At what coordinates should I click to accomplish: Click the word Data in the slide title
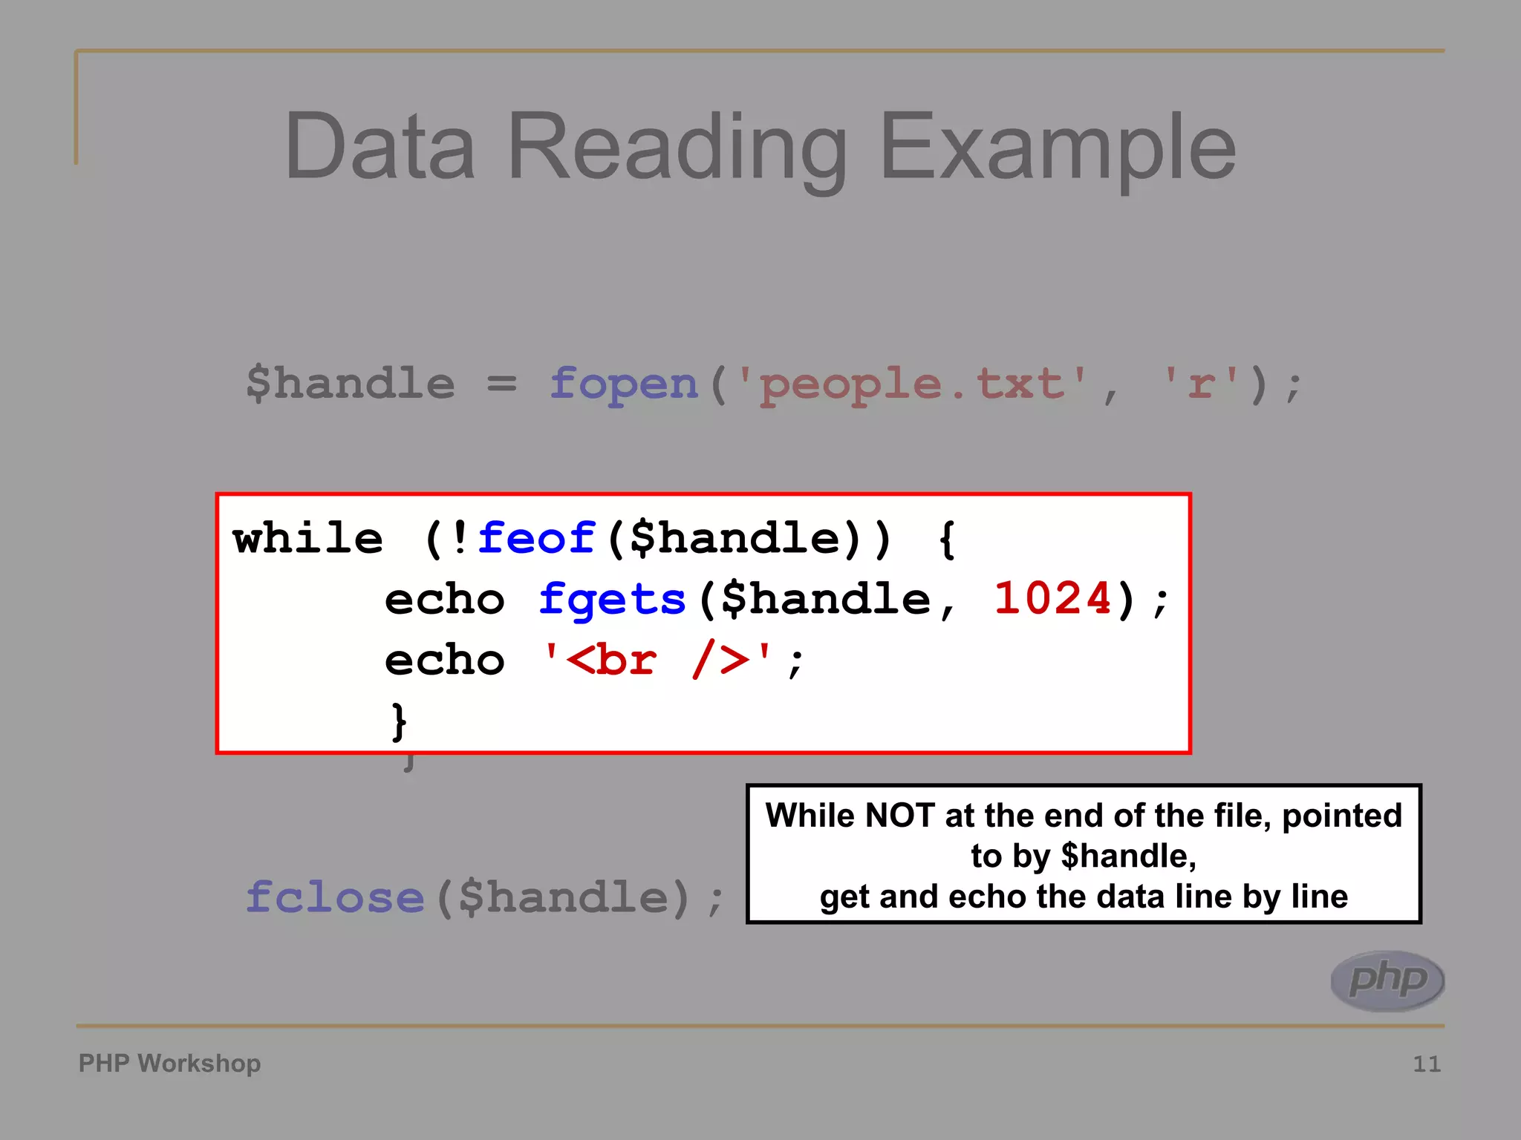(380, 146)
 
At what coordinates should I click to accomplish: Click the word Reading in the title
(677, 148)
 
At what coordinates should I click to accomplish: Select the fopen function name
(624, 384)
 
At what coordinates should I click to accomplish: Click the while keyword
(308, 538)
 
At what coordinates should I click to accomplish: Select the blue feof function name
(536, 538)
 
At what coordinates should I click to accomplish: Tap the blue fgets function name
(612, 600)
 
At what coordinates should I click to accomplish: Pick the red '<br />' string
(658, 660)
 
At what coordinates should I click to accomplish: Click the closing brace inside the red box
(399, 721)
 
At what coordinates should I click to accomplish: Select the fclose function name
(335, 897)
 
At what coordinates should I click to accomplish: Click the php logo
(1387, 980)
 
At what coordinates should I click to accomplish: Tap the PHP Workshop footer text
(169, 1064)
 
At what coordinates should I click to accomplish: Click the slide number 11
(1426, 1064)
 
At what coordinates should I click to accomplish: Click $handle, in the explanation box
(1128, 856)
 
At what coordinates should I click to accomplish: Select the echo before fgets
(445, 600)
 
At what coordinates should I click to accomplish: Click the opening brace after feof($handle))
(946, 540)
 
